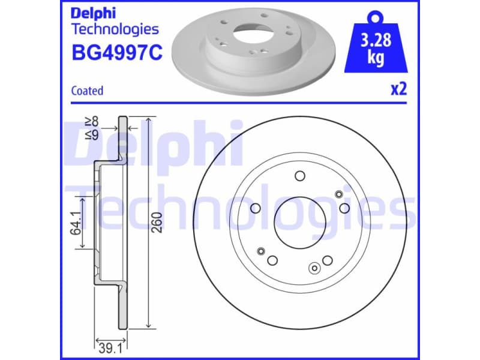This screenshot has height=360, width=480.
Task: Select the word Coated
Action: point(87,91)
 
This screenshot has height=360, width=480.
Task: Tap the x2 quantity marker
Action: point(398,89)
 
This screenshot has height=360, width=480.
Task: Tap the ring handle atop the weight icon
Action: point(376,16)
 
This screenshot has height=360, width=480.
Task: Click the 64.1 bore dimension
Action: point(76,222)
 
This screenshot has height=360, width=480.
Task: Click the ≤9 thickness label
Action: point(91,134)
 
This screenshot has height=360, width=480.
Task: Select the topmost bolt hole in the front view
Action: point(299,176)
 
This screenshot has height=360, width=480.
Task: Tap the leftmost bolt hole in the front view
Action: point(256,208)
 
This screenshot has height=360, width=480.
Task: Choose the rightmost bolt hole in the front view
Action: point(344,208)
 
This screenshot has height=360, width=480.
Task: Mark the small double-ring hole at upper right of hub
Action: point(338,193)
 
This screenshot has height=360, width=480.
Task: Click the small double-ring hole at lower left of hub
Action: point(260,250)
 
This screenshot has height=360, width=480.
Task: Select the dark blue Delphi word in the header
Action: point(93,13)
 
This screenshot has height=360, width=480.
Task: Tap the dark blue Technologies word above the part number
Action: point(115,29)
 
